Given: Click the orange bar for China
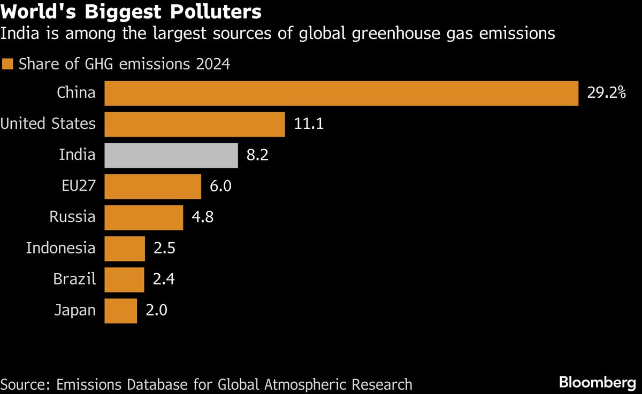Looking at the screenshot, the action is tap(341, 94).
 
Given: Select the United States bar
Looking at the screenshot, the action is tap(195, 124).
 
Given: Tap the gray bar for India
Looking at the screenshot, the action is tap(171, 156).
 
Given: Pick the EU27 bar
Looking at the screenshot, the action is tap(153, 187).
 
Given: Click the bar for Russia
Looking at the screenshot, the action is tap(143, 218).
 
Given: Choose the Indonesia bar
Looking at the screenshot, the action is tap(125, 249).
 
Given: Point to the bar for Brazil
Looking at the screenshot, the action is tap(124, 280).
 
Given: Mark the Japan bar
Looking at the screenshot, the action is tap(121, 311).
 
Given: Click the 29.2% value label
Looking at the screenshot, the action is tap(607, 93).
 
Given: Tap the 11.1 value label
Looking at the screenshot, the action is tap(309, 123).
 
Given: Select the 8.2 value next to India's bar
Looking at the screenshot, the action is tap(257, 155).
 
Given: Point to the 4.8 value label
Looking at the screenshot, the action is tap(203, 217).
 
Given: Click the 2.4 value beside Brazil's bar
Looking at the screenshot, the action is tap(164, 279).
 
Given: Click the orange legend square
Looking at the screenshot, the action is tap(7, 64).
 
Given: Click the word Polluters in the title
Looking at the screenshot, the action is tap(216, 11).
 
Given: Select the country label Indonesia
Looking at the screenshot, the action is tap(61, 248).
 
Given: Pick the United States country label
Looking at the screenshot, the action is tap(48, 123).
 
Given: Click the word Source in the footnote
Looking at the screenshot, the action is tap(25, 384).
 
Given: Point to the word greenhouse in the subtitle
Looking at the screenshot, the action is tap(396, 34).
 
